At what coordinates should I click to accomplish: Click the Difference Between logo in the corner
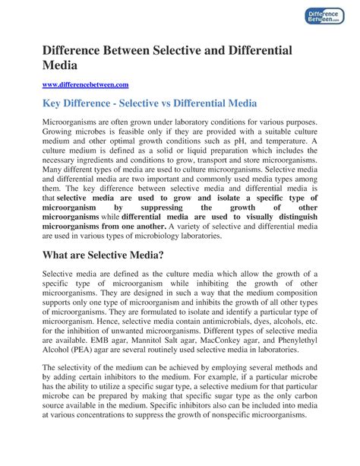329,24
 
